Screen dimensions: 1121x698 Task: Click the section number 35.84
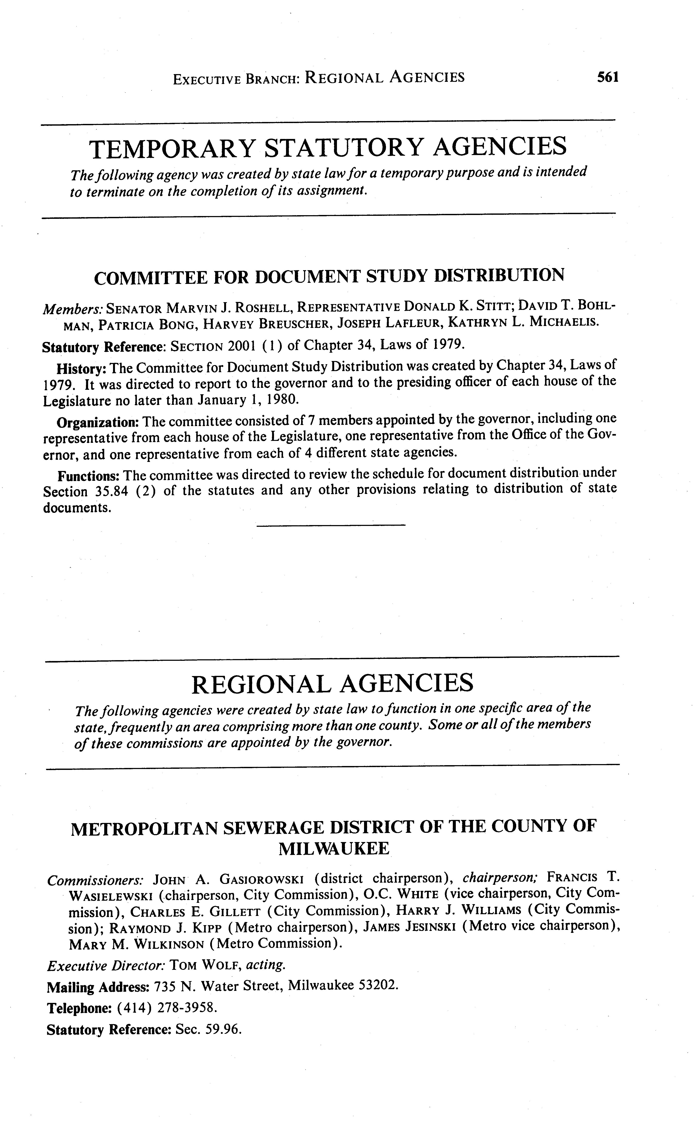pyautogui.click(x=111, y=492)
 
